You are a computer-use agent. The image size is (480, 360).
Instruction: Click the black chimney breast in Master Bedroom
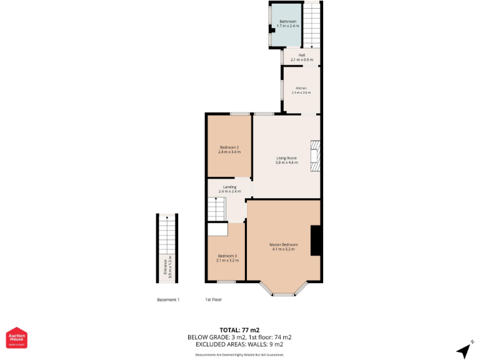tap(316, 240)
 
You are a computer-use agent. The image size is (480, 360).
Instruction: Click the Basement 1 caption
tap(168, 300)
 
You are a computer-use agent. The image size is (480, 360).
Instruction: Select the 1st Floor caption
tap(214, 300)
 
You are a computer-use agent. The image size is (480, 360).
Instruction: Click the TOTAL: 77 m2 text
tap(239, 329)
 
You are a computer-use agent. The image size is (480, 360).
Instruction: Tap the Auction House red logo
tap(16, 337)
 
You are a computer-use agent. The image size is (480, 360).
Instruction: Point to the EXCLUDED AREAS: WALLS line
tap(239, 344)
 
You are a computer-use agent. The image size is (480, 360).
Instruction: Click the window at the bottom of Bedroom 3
tap(226, 282)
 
